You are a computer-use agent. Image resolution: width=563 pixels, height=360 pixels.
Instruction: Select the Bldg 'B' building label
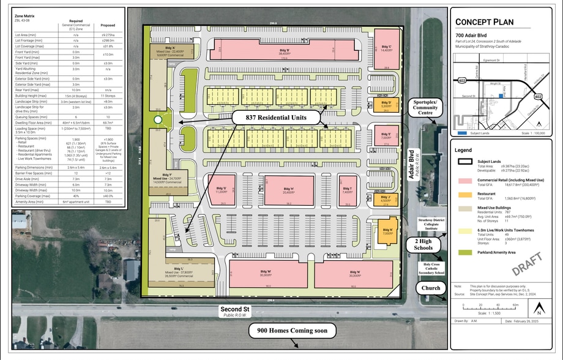pyautogui.click(x=284, y=51)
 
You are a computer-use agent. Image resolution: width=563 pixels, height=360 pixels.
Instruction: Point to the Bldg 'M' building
pyautogui.click(x=266, y=274)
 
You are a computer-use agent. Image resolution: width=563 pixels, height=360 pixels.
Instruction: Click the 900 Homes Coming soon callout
pyautogui.click(x=293, y=331)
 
